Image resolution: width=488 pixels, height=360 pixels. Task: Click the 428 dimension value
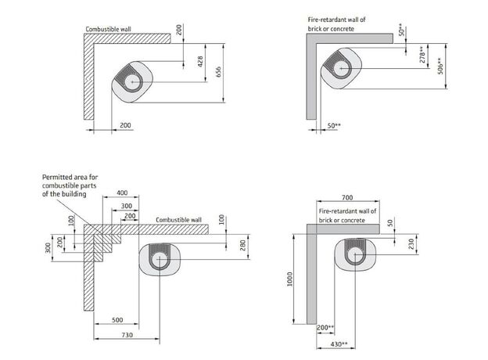200,61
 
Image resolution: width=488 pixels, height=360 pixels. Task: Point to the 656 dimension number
218,72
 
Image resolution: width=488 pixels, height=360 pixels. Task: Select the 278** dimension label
422,55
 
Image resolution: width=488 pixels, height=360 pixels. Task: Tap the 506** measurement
441,66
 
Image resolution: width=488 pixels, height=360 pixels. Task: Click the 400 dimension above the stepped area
122,193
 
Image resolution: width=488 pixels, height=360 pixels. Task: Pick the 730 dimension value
127,335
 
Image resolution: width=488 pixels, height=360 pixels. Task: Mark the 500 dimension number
117,320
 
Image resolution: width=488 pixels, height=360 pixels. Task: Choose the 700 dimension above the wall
347,197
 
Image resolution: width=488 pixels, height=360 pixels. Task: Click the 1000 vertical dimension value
290,279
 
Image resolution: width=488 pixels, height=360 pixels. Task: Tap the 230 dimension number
411,244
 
